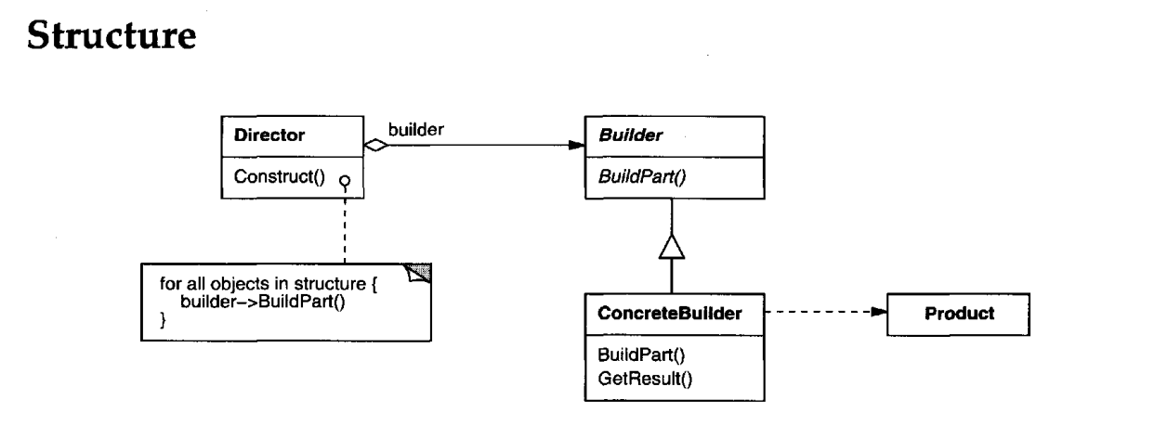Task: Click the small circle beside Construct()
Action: click(345, 178)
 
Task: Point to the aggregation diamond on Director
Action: click(374, 145)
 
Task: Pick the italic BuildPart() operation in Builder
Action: click(641, 176)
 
